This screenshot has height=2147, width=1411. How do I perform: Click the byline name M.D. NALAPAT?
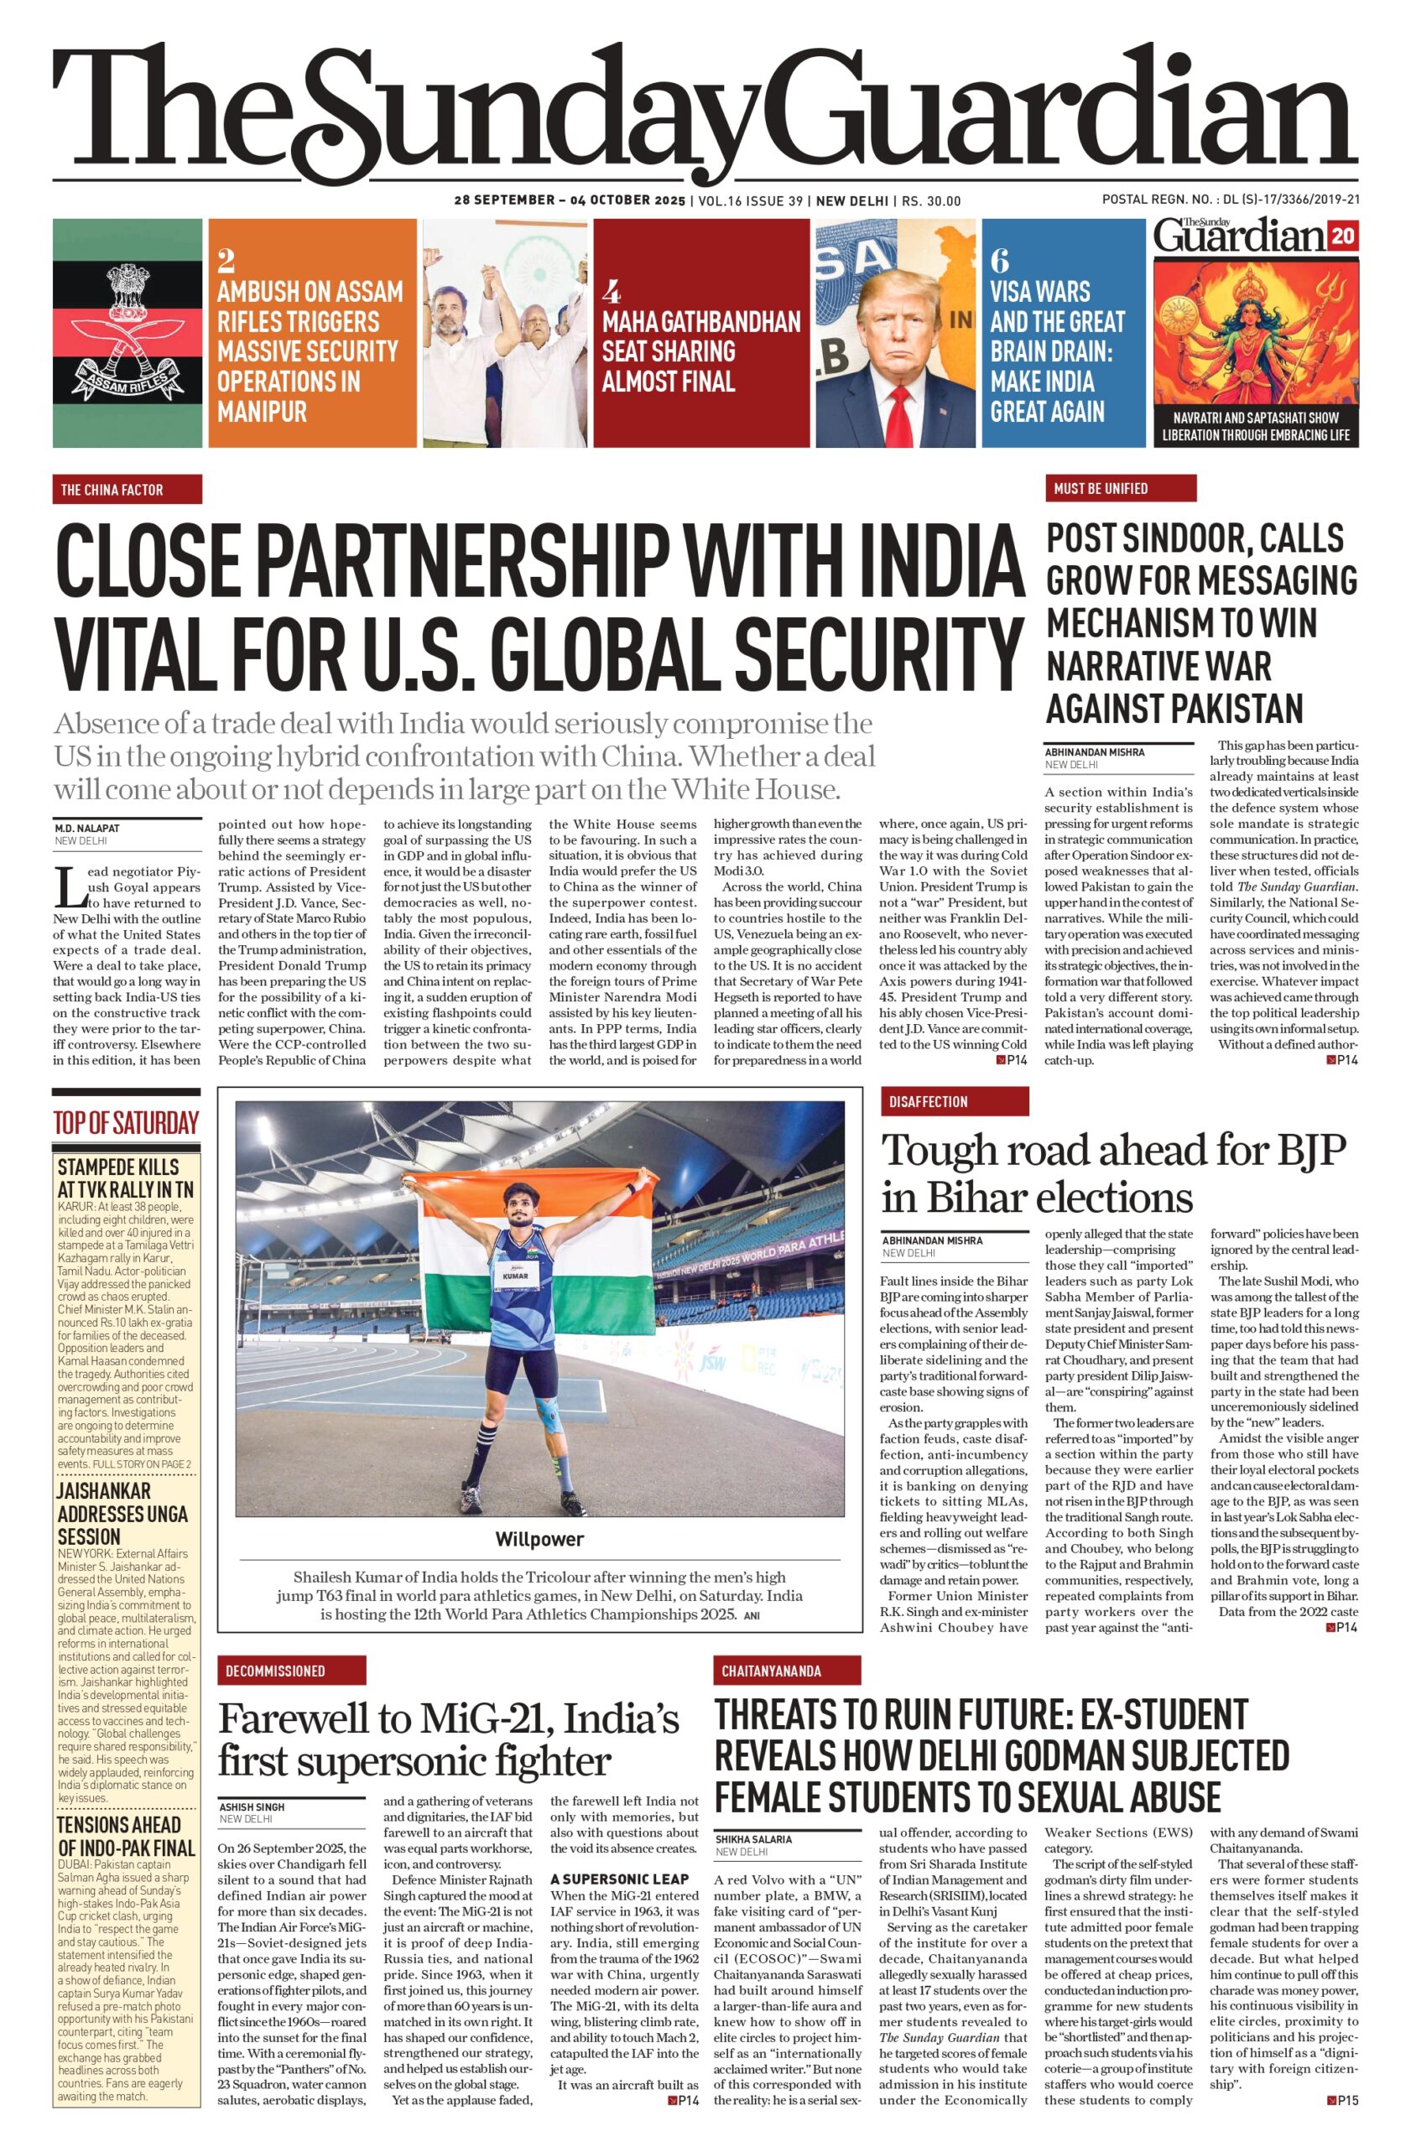click(x=86, y=828)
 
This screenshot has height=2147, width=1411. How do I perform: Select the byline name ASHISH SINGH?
click(x=252, y=1806)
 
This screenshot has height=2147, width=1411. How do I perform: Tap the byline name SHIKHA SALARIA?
click(x=753, y=1838)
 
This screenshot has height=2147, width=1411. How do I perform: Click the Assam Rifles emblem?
click(x=127, y=334)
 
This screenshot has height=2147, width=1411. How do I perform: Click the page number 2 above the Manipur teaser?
click(x=226, y=261)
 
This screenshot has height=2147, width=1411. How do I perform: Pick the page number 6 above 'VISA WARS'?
click(x=999, y=261)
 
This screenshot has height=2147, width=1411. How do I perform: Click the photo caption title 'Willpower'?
click(x=539, y=1539)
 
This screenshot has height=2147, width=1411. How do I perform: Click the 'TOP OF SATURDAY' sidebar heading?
click(x=125, y=1123)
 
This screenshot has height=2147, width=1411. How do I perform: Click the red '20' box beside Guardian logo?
click(x=1342, y=237)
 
